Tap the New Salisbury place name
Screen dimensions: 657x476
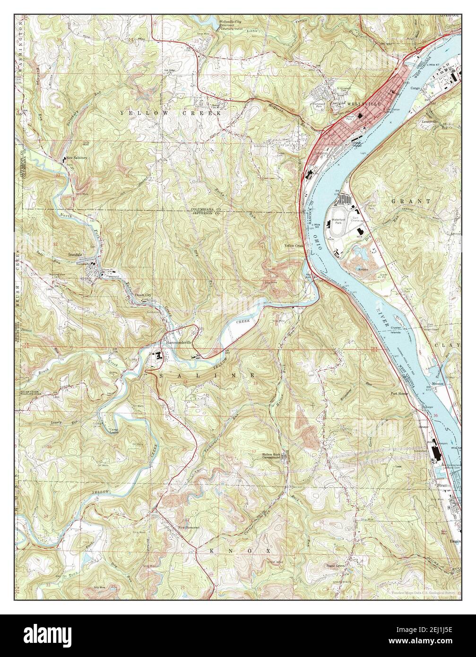(78, 158)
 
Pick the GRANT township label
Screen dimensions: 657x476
(410, 201)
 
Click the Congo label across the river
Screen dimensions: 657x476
(415, 88)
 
